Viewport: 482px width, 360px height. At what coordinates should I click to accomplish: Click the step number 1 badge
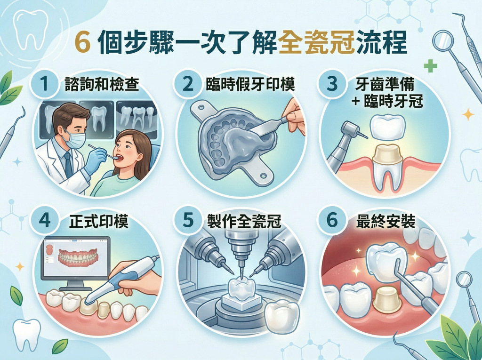click(x=45, y=84)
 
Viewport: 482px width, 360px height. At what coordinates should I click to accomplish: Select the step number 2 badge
click(x=187, y=84)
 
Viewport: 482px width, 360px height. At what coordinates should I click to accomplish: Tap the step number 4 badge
click(x=45, y=220)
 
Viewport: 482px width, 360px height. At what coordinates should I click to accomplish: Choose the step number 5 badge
click(x=187, y=220)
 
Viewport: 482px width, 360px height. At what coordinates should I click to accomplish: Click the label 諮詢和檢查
click(x=102, y=84)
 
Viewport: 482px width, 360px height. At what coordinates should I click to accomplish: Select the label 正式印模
click(x=98, y=221)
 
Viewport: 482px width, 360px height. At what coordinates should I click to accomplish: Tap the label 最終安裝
click(x=386, y=221)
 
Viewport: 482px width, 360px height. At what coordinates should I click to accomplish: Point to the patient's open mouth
click(x=120, y=158)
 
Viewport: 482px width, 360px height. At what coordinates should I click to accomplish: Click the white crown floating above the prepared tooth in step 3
click(x=387, y=126)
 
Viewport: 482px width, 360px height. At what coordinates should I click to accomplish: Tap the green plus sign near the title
click(x=430, y=66)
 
